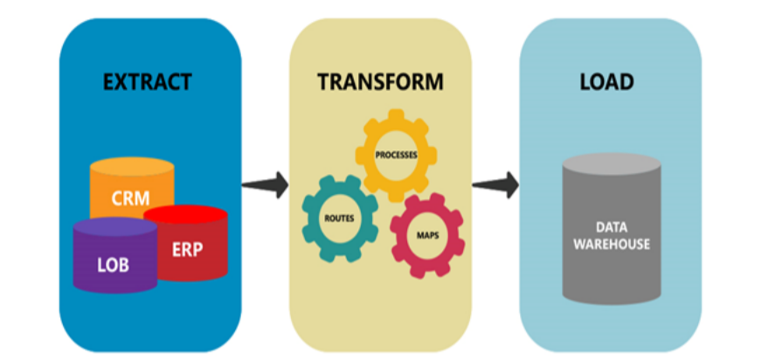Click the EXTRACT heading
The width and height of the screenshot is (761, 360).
tap(147, 83)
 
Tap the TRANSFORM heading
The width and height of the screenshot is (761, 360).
tap(380, 83)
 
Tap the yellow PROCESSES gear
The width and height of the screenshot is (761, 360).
tap(397, 156)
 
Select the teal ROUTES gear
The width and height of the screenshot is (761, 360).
tap(338, 218)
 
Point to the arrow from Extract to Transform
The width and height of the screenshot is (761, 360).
tap(266, 184)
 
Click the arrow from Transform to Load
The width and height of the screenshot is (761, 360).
tap(495, 184)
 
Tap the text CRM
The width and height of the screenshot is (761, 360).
tap(130, 198)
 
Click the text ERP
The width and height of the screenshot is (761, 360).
tap(187, 250)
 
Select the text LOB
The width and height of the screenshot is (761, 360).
tap(113, 265)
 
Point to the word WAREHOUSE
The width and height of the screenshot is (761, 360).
tap(612, 244)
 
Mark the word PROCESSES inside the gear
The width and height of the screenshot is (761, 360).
tap(397, 156)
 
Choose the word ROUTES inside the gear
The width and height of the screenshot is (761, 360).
tap(338, 218)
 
